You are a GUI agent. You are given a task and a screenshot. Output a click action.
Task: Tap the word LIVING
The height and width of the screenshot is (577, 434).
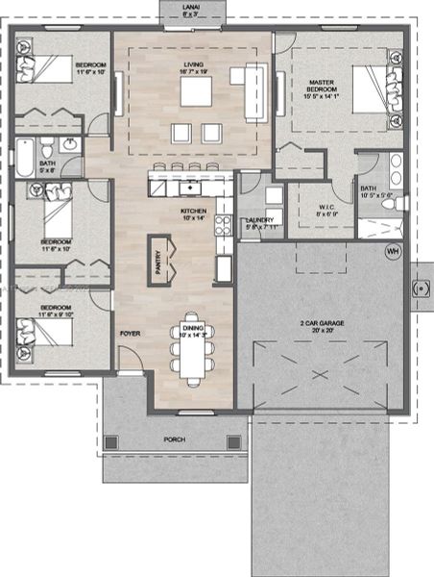pos(195,65)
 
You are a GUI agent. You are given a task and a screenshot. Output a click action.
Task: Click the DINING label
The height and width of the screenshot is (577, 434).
pos(193,329)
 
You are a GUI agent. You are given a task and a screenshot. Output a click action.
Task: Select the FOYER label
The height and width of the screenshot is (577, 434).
pos(130,334)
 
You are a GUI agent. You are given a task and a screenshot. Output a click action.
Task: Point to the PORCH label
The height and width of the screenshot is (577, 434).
pos(174,440)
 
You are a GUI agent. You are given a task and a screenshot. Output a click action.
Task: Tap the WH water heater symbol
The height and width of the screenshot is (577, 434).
pos(392,252)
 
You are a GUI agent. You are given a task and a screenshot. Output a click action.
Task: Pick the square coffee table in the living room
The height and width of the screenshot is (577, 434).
pos(198,90)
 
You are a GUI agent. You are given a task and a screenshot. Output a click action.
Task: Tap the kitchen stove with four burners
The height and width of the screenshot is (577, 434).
pos(223,228)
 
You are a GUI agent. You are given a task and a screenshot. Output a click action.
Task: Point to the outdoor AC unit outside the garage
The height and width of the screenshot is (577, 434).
pos(420,287)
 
